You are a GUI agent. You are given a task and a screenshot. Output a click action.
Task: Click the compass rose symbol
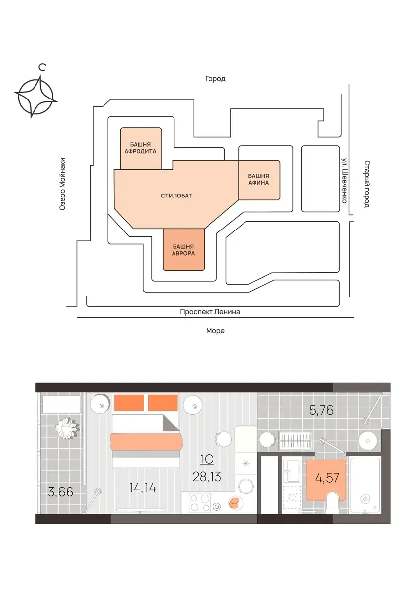(x=35, y=97)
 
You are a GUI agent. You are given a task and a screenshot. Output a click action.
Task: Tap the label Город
(x=215, y=79)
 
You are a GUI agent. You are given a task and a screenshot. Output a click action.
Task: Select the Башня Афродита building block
(x=141, y=148)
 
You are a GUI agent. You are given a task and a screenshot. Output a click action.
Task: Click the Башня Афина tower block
(x=259, y=180)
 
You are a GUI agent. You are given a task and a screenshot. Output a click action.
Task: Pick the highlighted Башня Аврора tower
(x=184, y=250)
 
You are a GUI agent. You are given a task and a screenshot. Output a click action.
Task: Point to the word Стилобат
(x=176, y=196)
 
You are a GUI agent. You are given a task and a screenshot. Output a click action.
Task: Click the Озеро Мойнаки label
(x=62, y=184)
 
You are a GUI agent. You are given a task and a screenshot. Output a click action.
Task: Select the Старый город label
(x=367, y=184)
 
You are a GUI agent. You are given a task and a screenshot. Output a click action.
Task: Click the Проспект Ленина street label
(x=210, y=312)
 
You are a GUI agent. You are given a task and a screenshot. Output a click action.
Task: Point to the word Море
(x=215, y=331)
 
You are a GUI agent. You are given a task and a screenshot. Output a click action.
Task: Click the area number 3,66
(x=61, y=492)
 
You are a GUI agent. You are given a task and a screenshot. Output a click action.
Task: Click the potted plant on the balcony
(x=68, y=428)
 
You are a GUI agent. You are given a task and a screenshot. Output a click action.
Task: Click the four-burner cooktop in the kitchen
(x=200, y=502)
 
